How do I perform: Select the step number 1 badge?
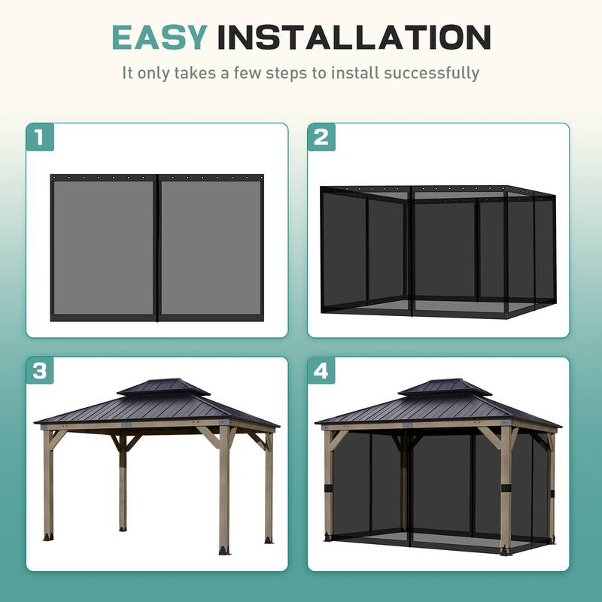41,137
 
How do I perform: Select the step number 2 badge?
321,137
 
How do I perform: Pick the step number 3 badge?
41,371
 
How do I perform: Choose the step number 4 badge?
321,371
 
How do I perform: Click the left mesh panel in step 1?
104,247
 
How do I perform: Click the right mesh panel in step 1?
211,247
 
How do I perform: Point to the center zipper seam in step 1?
157,247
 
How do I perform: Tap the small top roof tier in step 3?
163,387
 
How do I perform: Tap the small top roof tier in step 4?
444,387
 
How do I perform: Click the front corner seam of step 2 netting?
410,248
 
